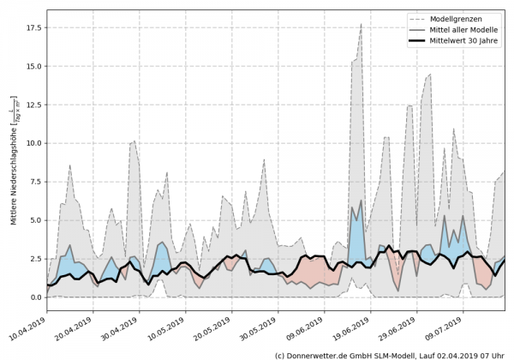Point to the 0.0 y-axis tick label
pos(35,297)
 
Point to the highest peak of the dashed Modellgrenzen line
pos(362,24)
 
